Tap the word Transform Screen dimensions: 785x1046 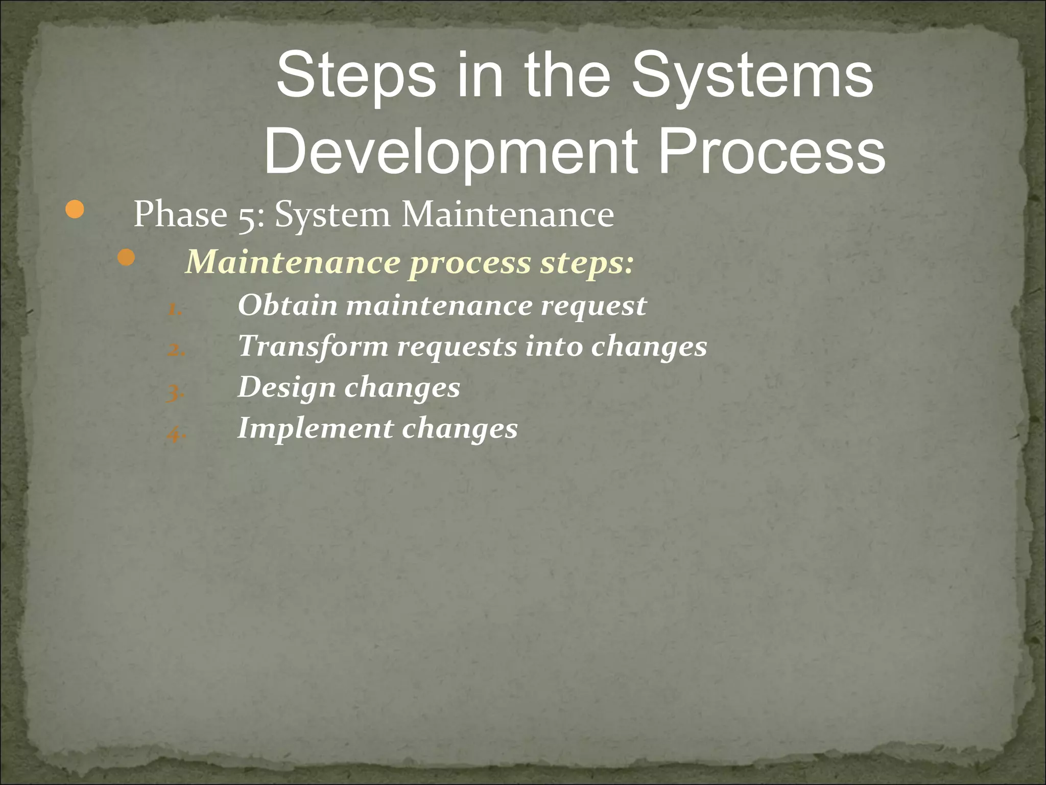click(x=313, y=346)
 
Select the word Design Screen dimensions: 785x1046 click(x=287, y=388)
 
